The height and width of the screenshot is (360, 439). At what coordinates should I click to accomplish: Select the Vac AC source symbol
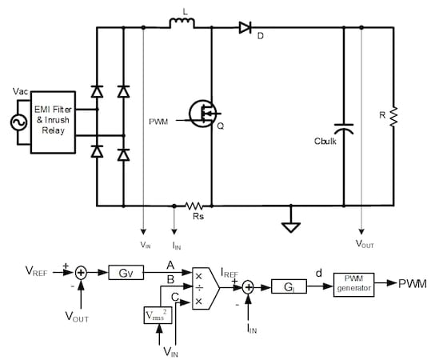(14, 125)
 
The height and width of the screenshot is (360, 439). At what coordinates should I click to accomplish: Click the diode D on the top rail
(245, 28)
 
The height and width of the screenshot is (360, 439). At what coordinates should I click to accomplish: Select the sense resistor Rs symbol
(194, 206)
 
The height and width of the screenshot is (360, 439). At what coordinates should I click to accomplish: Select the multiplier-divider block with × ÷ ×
(202, 287)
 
